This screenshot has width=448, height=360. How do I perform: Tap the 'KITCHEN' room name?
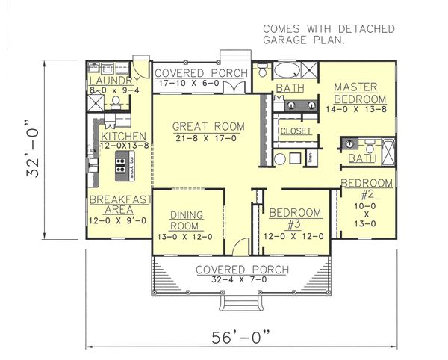coord(118,137)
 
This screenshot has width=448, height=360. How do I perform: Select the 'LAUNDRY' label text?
coord(113,81)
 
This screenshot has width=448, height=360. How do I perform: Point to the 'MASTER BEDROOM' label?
coord(359,93)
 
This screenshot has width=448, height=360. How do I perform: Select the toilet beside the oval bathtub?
coord(261,72)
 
